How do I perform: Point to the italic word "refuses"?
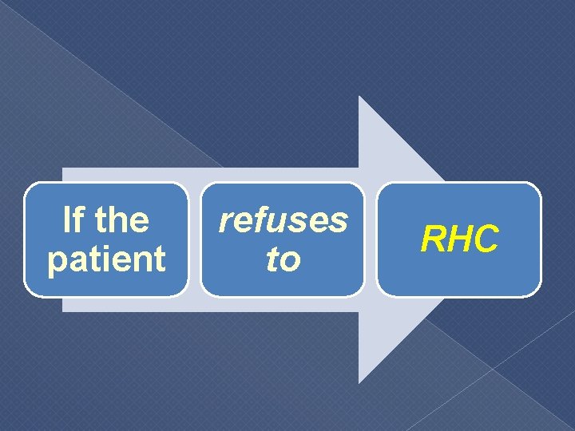[x=284, y=220]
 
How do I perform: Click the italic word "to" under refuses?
[x=284, y=259]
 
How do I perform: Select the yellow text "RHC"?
[x=460, y=239]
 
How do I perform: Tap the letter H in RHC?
[x=461, y=239]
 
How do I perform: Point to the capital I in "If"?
[x=67, y=220]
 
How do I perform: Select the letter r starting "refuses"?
[x=226, y=223]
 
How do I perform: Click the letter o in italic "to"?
[x=290, y=262]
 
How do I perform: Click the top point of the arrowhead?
[x=359, y=97]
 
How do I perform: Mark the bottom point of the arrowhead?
[x=359, y=382]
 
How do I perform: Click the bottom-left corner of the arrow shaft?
[x=63, y=310]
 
